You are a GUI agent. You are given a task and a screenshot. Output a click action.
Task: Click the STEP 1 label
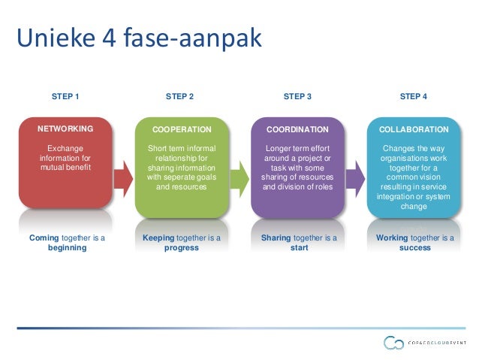[x=65, y=96]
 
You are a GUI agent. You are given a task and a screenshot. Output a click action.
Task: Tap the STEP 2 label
[x=179, y=96]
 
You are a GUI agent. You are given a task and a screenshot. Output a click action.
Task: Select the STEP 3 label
[x=297, y=96]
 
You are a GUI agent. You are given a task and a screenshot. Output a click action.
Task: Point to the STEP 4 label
[x=414, y=96]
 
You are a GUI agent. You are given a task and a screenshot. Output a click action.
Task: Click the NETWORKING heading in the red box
[x=65, y=129]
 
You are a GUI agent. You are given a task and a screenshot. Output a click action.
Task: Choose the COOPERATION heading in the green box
[x=181, y=129]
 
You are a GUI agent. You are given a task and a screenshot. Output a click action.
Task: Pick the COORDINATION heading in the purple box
[x=297, y=129]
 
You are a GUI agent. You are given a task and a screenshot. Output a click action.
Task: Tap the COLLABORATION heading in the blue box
[x=414, y=129]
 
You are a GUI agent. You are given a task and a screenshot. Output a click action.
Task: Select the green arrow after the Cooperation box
[x=239, y=179]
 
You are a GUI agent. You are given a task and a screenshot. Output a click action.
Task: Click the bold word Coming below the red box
[x=44, y=237]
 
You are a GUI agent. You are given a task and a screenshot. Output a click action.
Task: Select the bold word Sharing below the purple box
[x=276, y=237]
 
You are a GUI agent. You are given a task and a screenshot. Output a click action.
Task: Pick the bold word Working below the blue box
[x=393, y=237]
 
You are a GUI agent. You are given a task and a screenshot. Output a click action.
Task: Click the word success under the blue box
[x=414, y=247]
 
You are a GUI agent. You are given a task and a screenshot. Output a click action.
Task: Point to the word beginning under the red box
[x=65, y=247]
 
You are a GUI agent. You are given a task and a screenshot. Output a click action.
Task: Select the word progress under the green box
[x=181, y=247]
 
